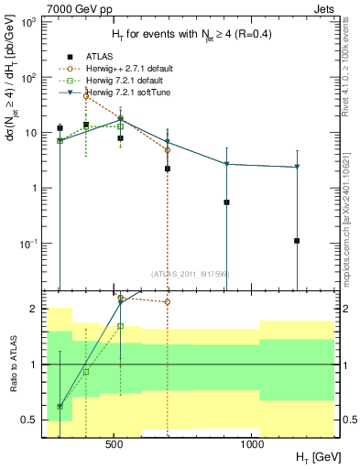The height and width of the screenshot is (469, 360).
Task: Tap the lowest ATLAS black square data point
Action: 297,241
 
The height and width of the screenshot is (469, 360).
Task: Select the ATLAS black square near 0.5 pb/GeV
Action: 226,202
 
